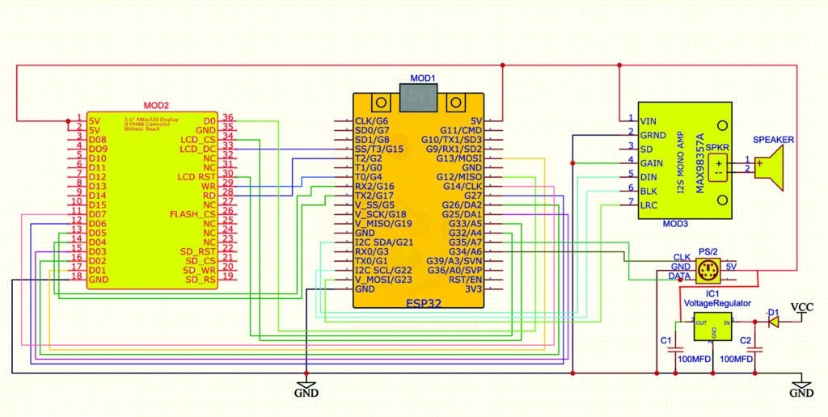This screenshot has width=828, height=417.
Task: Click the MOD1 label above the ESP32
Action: tap(422, 78)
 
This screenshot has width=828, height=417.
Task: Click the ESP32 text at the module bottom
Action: tap(420, 304)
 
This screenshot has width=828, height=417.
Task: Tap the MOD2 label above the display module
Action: tap(155, 105)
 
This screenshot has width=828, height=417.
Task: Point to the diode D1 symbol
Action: tap(773, 322)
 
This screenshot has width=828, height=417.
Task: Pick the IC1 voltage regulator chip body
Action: tap(712, 328)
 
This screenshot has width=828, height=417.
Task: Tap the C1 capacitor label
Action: tap(666, 341)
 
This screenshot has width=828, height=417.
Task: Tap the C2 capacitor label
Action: tap(746, 341)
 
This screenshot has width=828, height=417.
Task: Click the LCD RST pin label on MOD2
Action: tap(198, 176)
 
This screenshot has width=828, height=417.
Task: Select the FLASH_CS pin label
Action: tap(193, 214)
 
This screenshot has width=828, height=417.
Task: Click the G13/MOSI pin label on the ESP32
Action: tap(460, 158)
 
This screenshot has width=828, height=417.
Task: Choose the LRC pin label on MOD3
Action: tap(648, 206)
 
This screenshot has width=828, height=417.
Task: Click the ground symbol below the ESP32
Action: tap(306, 387)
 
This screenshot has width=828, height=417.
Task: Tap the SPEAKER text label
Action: tap(774, 140)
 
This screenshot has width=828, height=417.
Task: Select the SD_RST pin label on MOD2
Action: tap(197, 251)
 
